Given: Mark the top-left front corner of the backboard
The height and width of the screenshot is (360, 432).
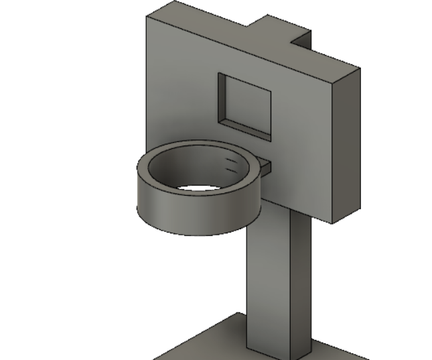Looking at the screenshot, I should [x=147, y=17].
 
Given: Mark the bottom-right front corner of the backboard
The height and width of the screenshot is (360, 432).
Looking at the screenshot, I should [x=333, y=222].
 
